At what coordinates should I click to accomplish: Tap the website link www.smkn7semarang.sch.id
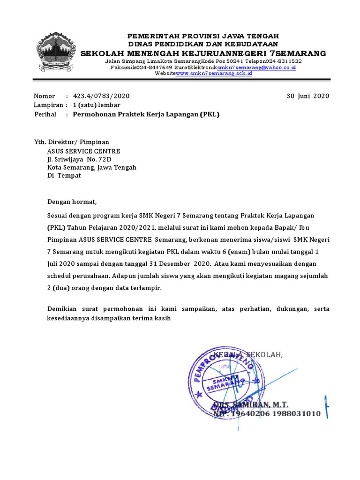[x=214, y=74]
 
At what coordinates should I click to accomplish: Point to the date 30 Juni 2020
[x=308, y=96]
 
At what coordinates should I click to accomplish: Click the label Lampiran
[x=49, y=105]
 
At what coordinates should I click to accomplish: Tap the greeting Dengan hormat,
[x=71, y=202]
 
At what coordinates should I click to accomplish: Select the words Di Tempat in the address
[x=64, y=175]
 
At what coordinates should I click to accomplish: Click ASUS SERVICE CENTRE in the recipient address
[x=83, y=151]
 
